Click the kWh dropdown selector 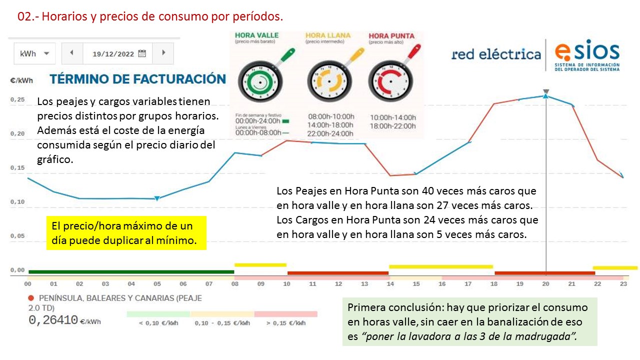[34, 53]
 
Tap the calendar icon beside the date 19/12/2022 [142, 53]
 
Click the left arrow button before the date [72, 53]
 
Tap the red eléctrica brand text [495, 54]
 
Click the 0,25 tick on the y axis [17, 100]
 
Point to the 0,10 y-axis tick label [17, 202]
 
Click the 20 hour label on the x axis [545, 284]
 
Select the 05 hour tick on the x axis [157, 284]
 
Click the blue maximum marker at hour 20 [546, 95]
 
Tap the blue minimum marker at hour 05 [157, 198]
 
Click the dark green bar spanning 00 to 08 [131, 272]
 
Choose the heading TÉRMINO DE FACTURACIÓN [137, 79]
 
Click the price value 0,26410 [53, 320]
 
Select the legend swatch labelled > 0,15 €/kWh [285, 314]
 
